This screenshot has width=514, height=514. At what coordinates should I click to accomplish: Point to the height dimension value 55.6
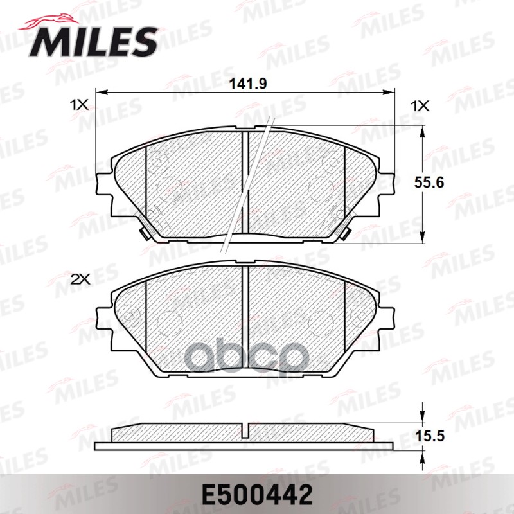coord(429,182)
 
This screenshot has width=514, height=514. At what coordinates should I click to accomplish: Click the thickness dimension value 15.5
coord(429,436)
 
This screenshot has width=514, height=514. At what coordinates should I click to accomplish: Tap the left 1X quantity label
coord(78,105)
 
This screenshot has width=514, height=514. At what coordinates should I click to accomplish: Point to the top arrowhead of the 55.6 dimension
coord(421,131)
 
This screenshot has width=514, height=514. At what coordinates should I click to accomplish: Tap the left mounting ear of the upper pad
coord(103,186)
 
